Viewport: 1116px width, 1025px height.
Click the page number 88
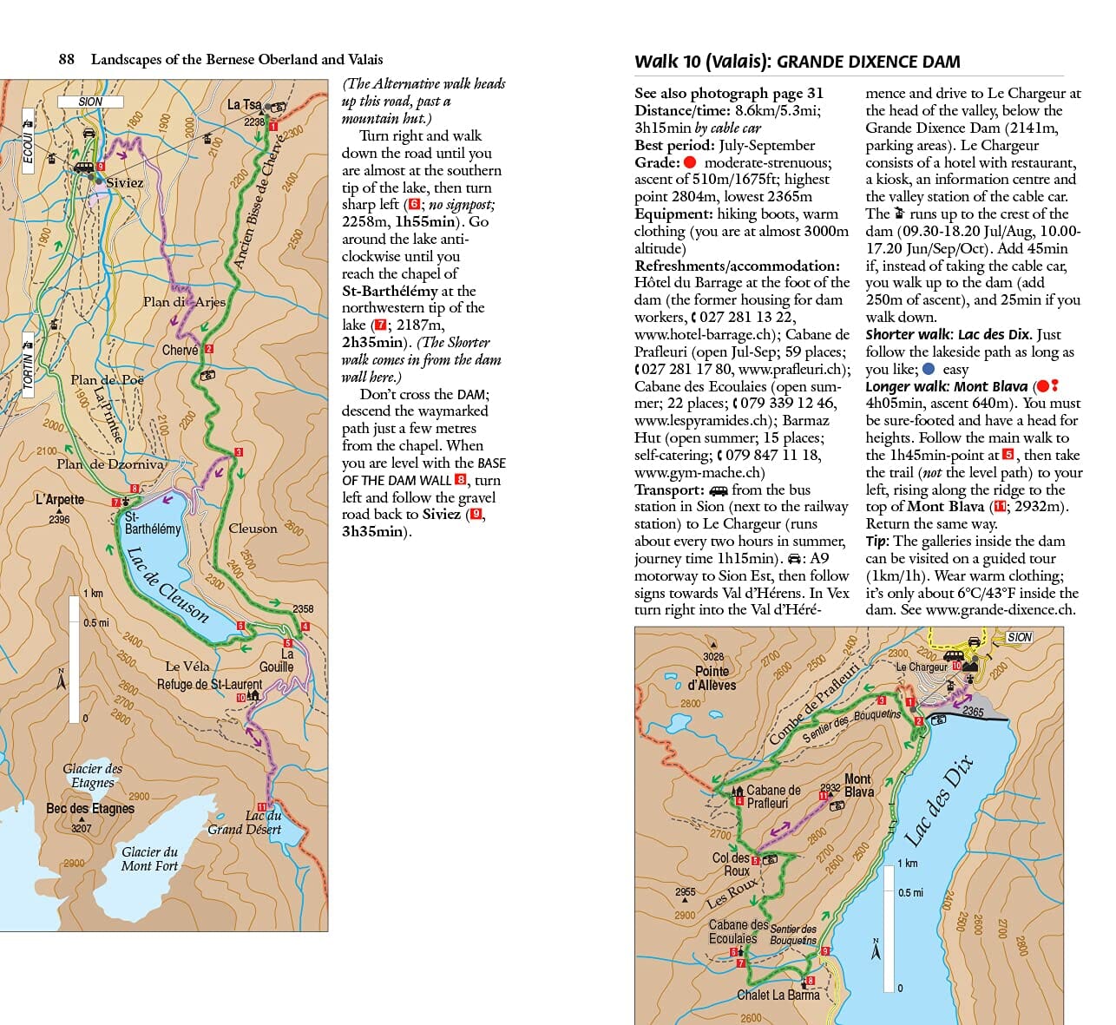coord(66,59)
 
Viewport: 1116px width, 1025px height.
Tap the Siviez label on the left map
coord(124,182)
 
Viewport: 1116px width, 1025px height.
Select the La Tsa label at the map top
coord(243,104)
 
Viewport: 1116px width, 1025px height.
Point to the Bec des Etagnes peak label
coord(90,808)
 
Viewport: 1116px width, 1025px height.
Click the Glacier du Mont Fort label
coord(149,858)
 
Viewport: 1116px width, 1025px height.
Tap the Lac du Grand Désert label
coord(246,822)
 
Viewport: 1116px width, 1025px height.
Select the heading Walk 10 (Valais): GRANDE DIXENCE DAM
coord(797,62)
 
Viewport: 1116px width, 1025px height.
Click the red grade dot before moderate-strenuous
coord(690,162)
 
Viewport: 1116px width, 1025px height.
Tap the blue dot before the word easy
coord(928,369)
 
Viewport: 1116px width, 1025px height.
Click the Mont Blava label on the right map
coord(858,785)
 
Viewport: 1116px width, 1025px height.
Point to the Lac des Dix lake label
coord(939,800)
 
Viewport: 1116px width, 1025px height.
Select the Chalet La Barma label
coord(778,995)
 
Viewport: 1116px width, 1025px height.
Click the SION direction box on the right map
coord(1019,637)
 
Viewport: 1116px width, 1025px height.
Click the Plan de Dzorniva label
coord(109,463)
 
